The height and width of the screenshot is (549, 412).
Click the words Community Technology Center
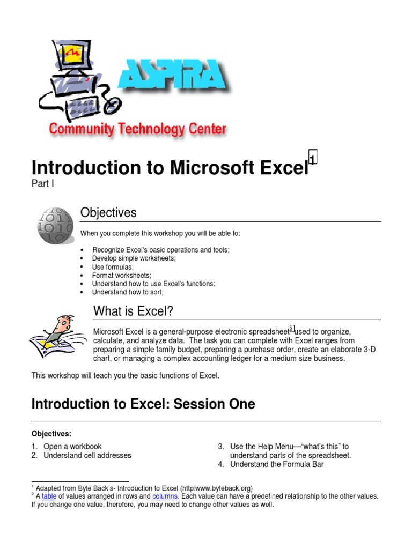[x=137, y=129]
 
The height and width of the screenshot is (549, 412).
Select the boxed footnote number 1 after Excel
[x=313, y=157]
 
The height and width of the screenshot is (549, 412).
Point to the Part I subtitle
[x=43, y=184]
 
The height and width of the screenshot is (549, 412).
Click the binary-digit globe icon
[x=55, y=226]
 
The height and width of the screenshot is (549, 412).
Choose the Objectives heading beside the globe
[x=108, y=213]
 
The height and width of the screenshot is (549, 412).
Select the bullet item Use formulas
[x=113, y=266]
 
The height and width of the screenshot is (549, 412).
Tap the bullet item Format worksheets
[x=121, y=275]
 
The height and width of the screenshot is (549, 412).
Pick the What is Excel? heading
[x=133, y=311]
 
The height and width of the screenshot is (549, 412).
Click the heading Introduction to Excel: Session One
[x=143, y=404]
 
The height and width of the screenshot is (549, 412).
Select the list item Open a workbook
[x=72, y=446]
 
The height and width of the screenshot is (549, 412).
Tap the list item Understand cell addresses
[x=87, y=455]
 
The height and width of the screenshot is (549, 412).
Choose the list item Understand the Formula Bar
[x=277, y=464]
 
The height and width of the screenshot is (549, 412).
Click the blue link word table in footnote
[x=49, y=496]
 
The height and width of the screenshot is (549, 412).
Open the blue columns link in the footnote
[x=164, y=496]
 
